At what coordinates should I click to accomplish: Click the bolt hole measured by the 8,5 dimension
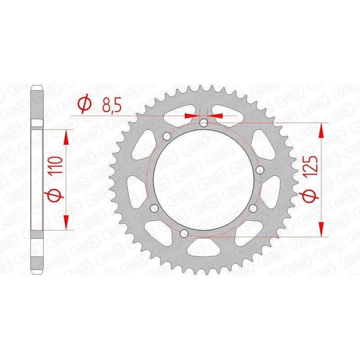(x=204, y=122)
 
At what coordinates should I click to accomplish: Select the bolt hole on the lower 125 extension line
(x=184, y=234)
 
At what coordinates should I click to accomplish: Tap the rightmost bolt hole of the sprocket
(x=259, y=170)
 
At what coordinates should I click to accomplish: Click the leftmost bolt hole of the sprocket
(x=154, y=208)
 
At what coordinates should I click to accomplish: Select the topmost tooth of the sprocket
(x=203, y=87)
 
